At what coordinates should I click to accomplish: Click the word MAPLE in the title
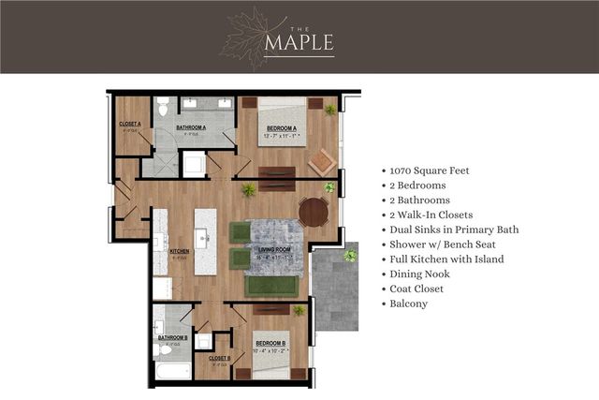coord(299,44)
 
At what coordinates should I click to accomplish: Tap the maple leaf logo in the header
coord(242,37)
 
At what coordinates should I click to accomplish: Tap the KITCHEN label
coord(180,251)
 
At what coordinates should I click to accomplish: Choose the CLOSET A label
coord(130,123)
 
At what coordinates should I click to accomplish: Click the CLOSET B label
coord(219,358)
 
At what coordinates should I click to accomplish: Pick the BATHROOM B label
coord(172,337)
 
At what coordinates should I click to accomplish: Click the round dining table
coord(314,213)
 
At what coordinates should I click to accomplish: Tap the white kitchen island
coord(205,241)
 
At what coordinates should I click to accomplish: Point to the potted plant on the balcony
coord(350,254)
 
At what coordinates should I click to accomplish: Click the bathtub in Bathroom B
coord(172,372)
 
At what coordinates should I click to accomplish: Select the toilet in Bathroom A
coord(163,105)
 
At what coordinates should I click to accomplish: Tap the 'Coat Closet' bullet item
coord(417,289)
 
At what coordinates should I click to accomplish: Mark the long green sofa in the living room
coord(272,286)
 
